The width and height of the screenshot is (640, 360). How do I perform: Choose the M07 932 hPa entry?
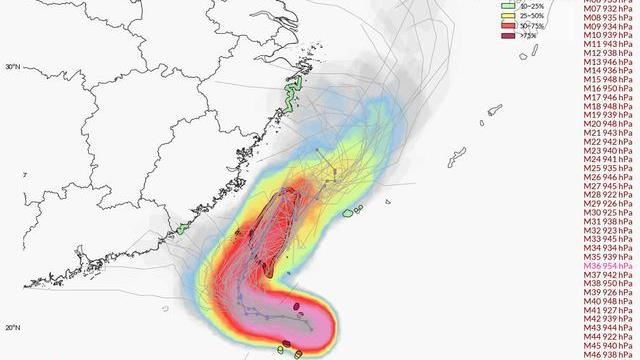pyautogui.click(x=607, y=8)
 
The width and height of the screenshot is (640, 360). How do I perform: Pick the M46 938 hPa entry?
pyautogui.click(x=607, y=353)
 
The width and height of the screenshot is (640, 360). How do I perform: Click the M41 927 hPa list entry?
pyautogui.click(x=607, y=309)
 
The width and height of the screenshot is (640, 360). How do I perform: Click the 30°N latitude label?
pyautogui.click(x=13, y=68)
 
